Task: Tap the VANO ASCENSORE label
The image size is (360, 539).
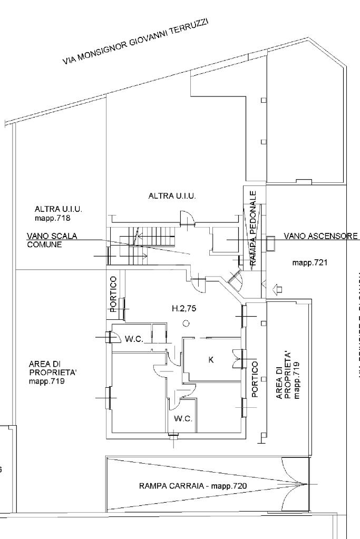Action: (320, 236)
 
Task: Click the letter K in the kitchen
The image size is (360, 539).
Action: (211, 360)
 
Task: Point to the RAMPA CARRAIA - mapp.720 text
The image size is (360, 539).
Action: (193, 486)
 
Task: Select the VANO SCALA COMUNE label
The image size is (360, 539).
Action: (52, 241)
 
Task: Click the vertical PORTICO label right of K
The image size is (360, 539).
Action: (255, 379)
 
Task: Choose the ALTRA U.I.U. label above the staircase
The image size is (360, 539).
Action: (172, 196)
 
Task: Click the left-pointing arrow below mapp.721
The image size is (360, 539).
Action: (278, 289)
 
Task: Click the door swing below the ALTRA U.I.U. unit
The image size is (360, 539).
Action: (187, 218)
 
